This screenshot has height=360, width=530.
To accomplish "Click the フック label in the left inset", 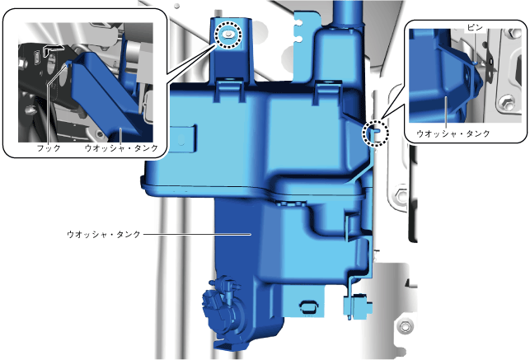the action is (49, 148).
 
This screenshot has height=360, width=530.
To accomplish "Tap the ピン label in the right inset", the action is (475, 27).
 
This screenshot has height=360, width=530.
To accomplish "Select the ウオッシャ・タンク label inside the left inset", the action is (121, 148).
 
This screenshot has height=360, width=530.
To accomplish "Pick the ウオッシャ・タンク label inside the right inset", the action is (453, 133).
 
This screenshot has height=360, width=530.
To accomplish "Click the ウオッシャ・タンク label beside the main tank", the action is (104, 234).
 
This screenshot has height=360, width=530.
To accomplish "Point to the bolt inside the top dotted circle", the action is (229, 34).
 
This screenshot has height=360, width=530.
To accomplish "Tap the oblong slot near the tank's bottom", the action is (309, 306).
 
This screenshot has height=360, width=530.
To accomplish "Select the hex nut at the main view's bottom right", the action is (404, 326).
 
